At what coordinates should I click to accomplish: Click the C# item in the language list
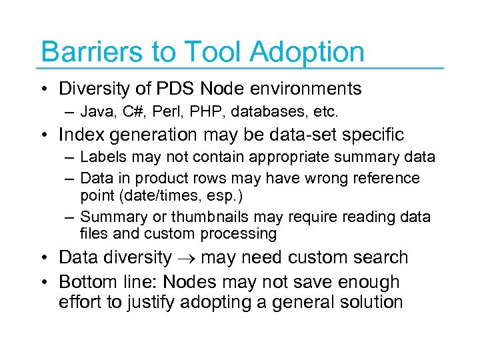[127, 110]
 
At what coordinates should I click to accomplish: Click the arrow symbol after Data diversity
[186, 258]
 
